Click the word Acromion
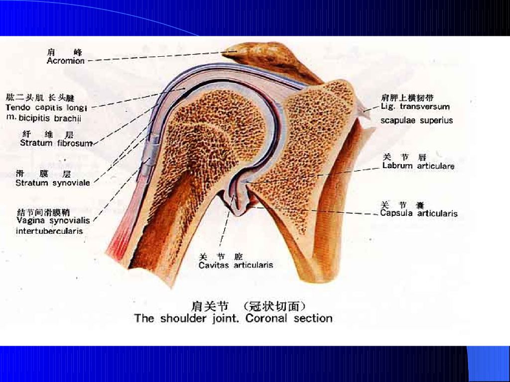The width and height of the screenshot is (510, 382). tap(66, 61)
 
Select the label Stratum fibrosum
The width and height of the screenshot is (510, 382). tap(56, 143)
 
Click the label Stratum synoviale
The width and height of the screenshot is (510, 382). tap(53, 183)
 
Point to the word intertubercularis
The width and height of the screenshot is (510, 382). tap(49, 231)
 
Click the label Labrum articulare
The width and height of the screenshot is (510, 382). tap(418, 166)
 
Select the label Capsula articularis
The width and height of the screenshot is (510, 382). tap(418, 214)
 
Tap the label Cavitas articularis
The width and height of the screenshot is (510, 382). tap(236, 266)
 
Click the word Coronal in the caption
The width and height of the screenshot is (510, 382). tap(266, 318)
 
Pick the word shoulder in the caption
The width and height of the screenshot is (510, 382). tap(182, 318)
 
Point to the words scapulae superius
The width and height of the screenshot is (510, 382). tap(417, 120)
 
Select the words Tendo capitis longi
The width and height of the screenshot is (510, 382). tap(46, 107)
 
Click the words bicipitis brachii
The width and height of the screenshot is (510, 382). tap(50, 118)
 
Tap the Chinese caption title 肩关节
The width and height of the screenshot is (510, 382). tap(210, 305)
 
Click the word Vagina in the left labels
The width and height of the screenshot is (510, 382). tap(29, 221)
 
